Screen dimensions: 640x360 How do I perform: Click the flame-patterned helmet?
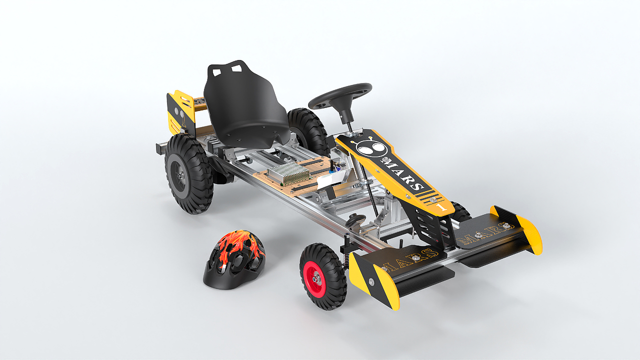tap(234, 259)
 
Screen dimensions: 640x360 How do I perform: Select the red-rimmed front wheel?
tap(323, 276)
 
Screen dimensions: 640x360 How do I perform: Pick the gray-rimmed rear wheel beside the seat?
tap(189, 174)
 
